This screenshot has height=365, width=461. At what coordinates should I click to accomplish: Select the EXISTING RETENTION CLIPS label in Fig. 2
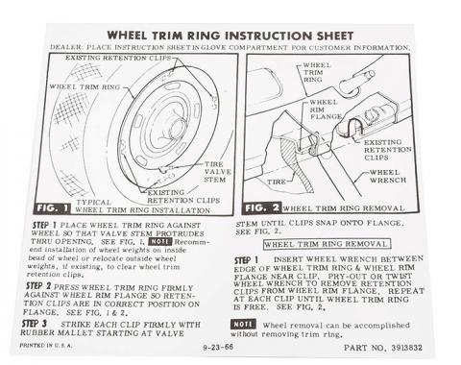pyautogui.click(x=383, y=150)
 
